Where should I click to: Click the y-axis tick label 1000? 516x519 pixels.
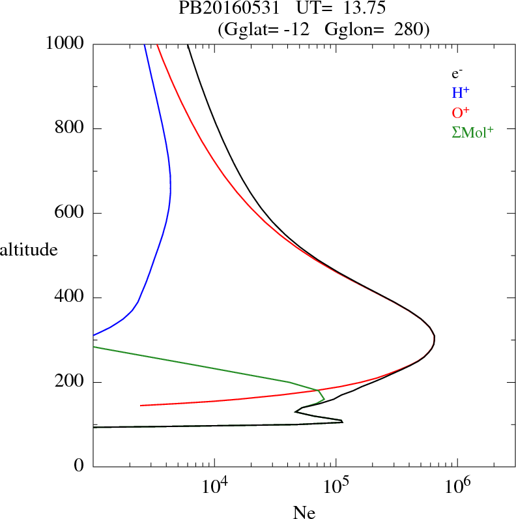coord(65,44)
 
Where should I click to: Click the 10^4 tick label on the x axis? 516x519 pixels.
coord(214,486)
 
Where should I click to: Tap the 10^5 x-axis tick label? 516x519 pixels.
coord(336,486)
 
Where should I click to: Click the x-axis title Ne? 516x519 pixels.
coord(305,512)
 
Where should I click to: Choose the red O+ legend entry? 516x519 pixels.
coord(461,112)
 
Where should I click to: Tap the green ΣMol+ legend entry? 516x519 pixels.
coord(472,132)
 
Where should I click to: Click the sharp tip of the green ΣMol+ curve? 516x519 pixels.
coord(324,398)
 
